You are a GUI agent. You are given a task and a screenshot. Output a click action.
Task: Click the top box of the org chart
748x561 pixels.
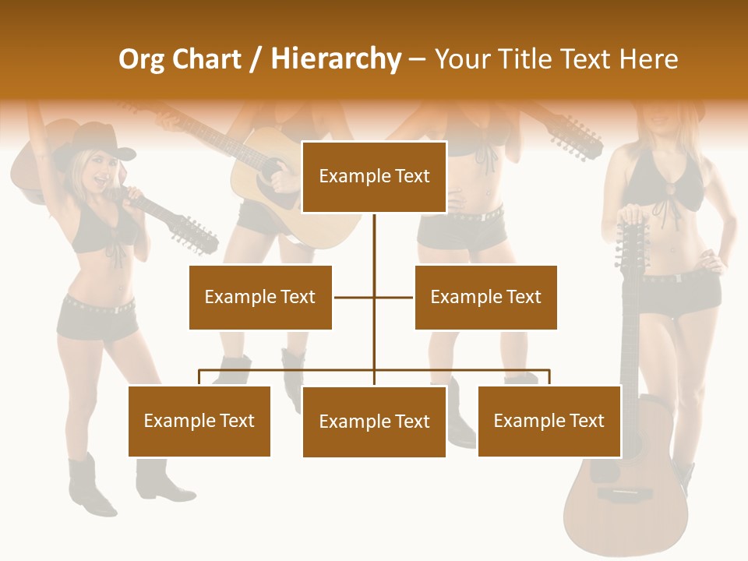click(374, 177)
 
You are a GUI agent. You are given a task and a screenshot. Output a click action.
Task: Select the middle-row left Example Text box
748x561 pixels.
click(260, 297)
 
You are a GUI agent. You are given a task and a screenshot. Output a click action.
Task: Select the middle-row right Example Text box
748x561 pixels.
click(485, 297)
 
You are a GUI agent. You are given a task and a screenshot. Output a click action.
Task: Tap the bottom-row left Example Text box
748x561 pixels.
click(199, 421)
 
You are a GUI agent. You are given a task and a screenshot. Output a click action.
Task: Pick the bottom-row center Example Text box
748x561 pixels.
click(374, 422)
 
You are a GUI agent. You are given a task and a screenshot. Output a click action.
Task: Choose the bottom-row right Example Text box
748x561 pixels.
click(549, 421)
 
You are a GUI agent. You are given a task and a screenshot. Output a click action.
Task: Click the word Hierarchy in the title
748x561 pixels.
click(336, 59)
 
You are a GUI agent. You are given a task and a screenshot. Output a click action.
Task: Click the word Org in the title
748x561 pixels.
click(141, 59)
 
